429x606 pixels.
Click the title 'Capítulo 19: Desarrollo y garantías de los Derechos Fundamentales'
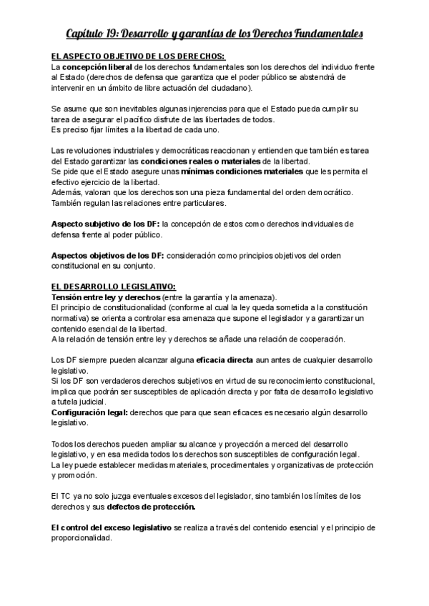(214, 34)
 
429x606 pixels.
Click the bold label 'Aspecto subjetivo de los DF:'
(105, 224)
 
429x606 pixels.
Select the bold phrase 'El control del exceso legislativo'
(112, 527)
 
